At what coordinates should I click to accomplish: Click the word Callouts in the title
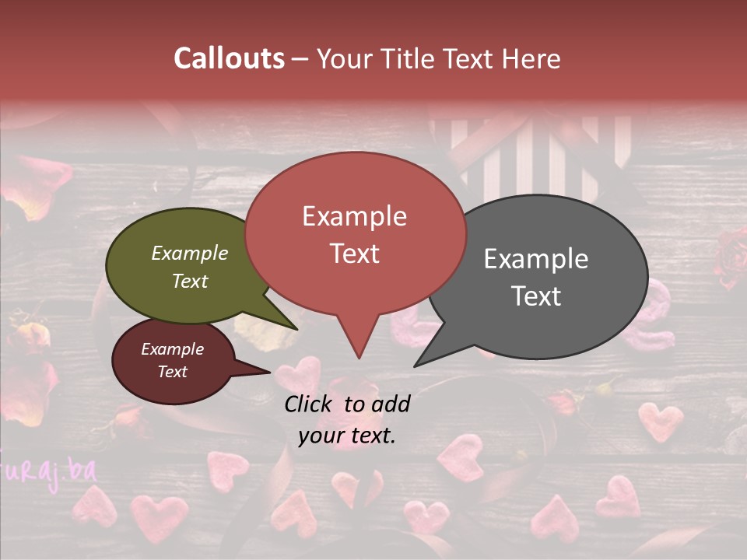(x=229, y=58)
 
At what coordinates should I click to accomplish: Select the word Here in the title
(x=531, y=58)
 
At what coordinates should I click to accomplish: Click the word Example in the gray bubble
(x=536, y=259)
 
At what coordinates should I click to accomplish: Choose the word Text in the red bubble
(x=355, y=254)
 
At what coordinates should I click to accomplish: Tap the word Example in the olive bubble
(x=190, y=254)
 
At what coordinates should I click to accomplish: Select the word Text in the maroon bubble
(x=173, y=372)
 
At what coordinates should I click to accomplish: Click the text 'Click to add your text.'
(x=347, y=420)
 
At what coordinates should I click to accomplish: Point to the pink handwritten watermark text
(x=47, y=470)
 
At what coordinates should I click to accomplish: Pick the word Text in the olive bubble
(x=190, y=281)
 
